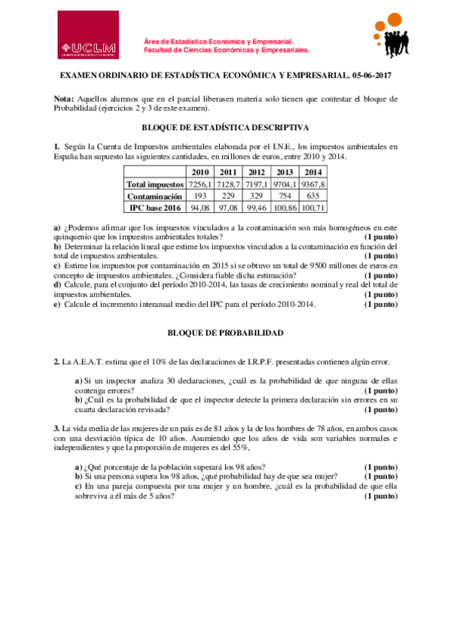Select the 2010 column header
(x=200, y=172)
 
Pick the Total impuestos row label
(x=155, y=184)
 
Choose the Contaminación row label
(x=155, y=196)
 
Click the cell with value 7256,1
(x=200, y=184)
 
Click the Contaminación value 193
(x=200, y=196)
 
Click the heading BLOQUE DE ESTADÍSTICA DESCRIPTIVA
(x=225, y=129)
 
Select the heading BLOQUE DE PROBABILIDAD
(x=225, y=332)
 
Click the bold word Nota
(x=64, y=99)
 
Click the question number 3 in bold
(x=56, y=428)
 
